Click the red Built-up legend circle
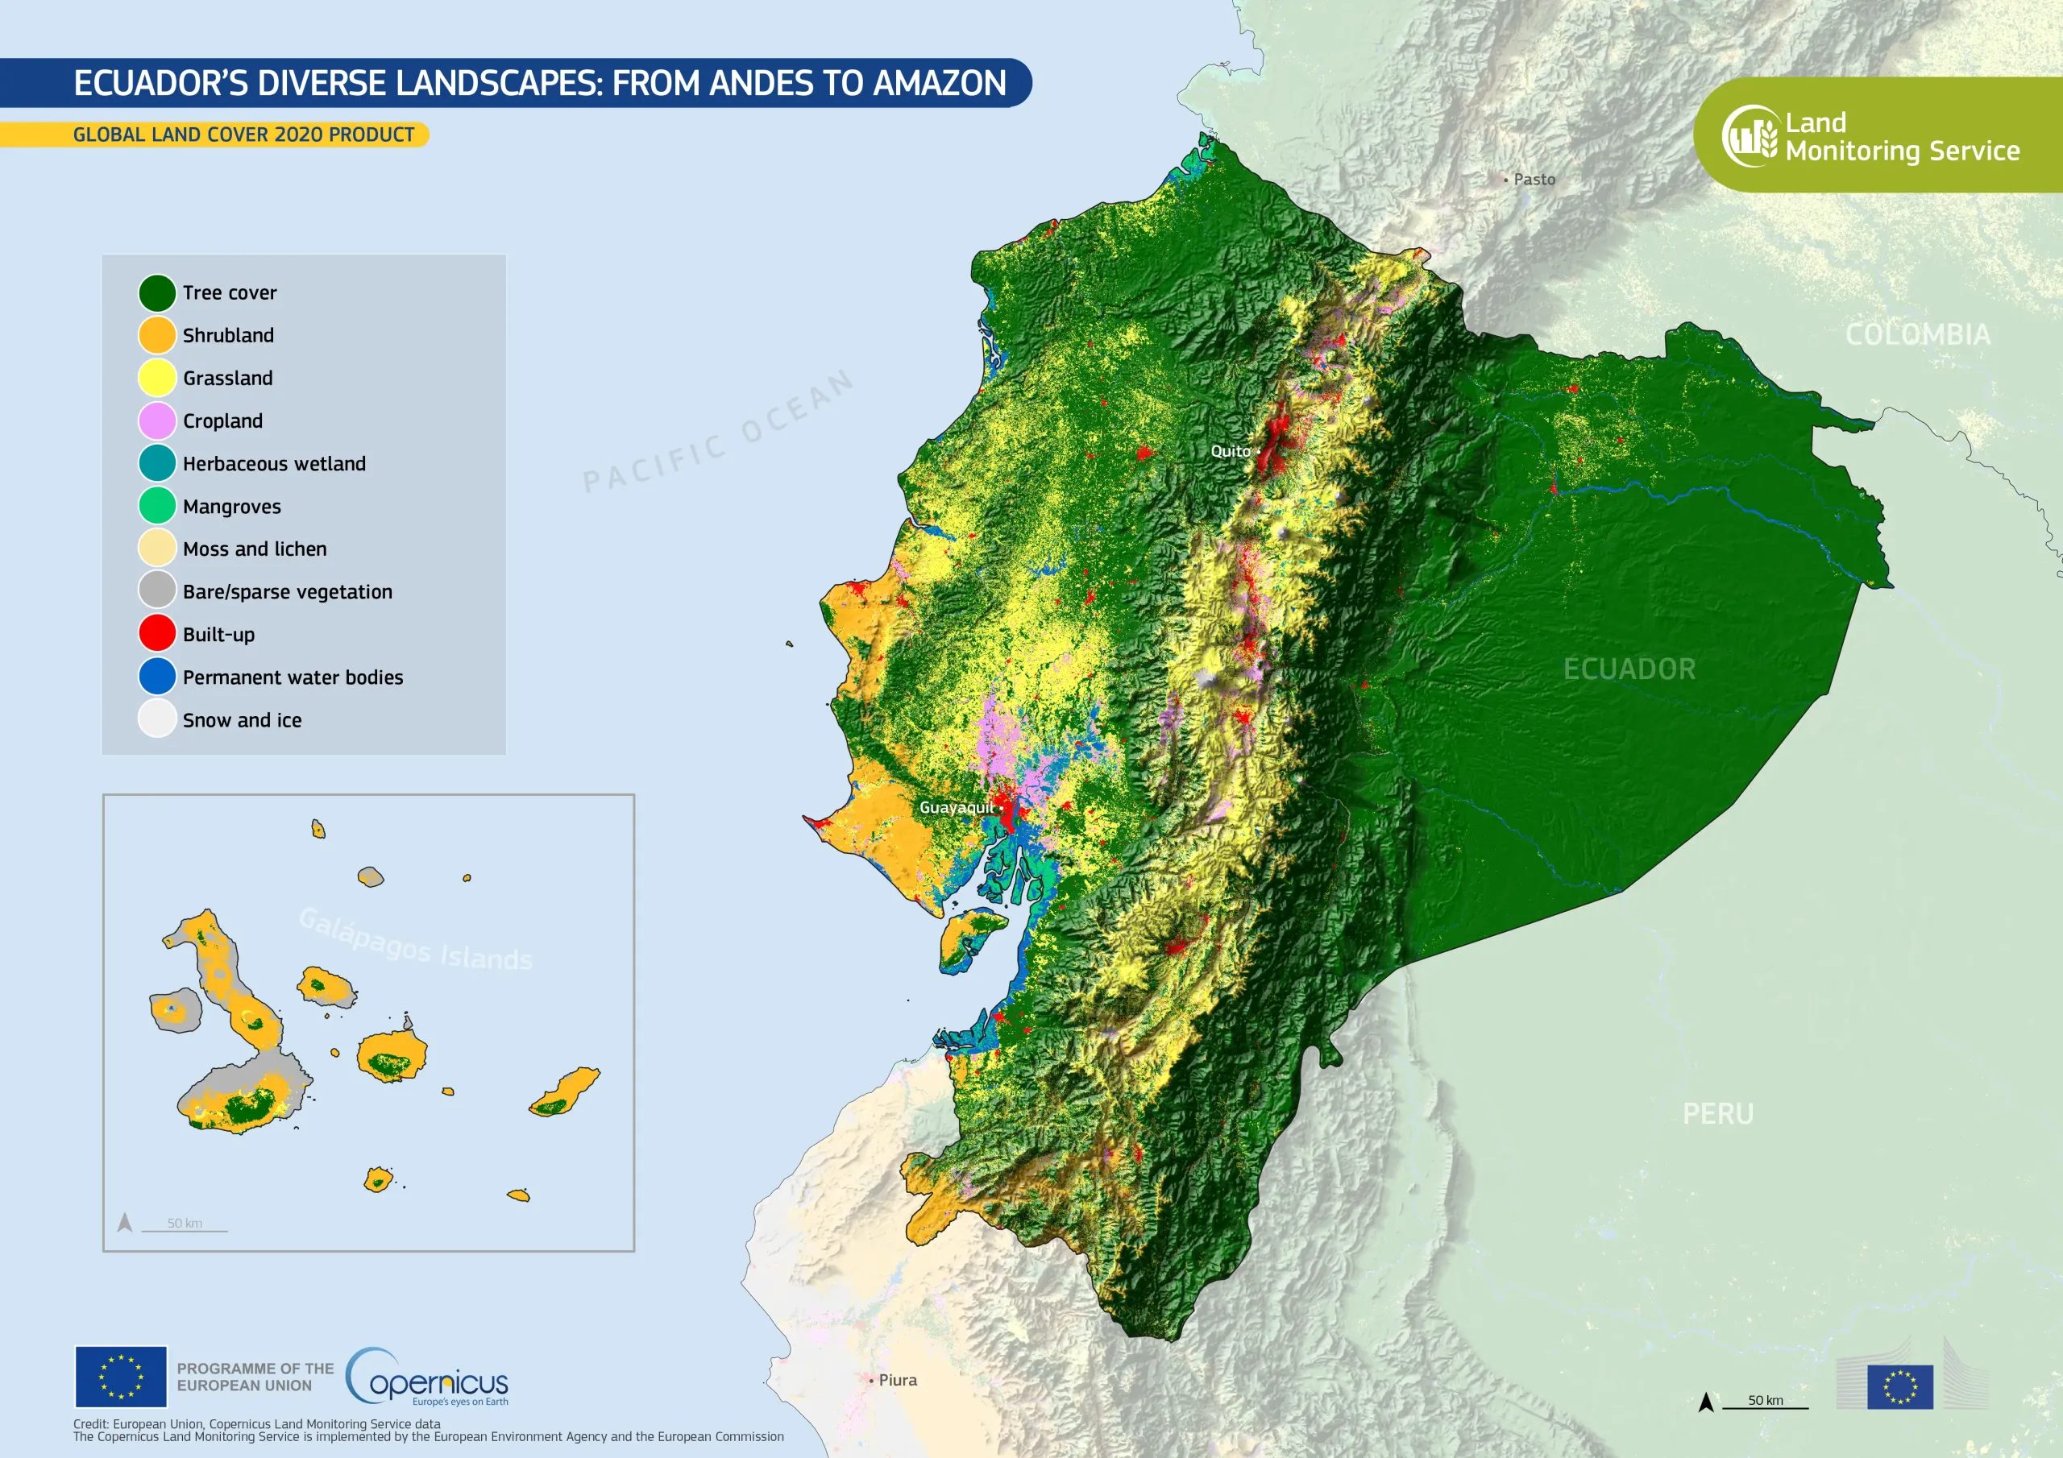pyautogui.click(x=156, y=633)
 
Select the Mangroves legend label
pyautogui.click(x=231, y=507)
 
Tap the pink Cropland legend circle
pyautogui.click(x=156, y=420)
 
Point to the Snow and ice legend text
pyautogui.click(x=242, y=720)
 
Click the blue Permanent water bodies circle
pyautogui.click(x=156, y=677)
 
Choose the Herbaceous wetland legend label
pyautogui.click(x=274, y=463)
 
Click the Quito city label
pyautogui.click(x=1230, y=451)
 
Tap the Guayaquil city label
pyautogui.click(x=956, y=808)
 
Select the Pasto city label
pyautogui.click(x=1534, y=180)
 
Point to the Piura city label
pyautogui.click(x=897, y=1380)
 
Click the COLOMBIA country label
pyautogui.click(x=1917, y=334)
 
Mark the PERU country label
pyautogui.click(x=1717, y=1114)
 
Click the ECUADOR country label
pyautogui.click(x=1629, y=669)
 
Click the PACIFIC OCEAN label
pyautogui.click(x=718, y=432)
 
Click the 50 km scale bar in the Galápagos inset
pyautogui.click(x=185, y=1226)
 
